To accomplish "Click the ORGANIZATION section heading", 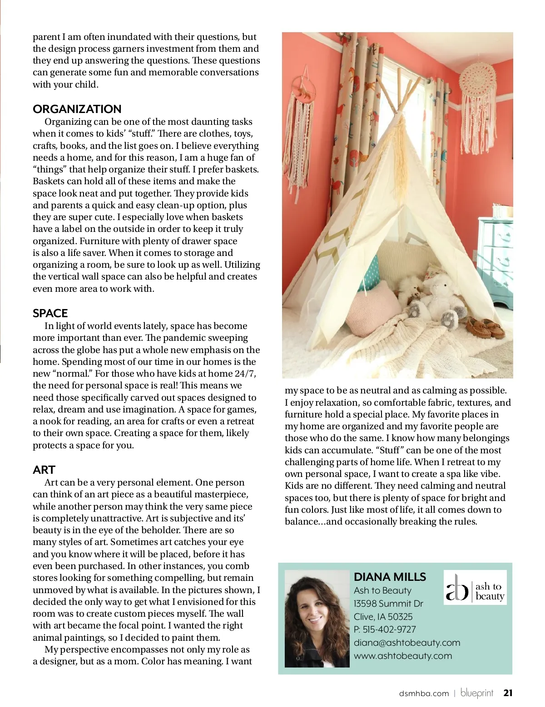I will coord(77,109).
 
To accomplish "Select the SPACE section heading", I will coord(50,314).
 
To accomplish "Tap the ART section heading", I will coord(44,470).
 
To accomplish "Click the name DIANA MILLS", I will coord(390,577).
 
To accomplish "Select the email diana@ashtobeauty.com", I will coord(407,643).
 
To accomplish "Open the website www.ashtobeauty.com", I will coord(403,656).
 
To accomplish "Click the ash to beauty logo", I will coord(475,588).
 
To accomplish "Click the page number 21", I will coord(508,693).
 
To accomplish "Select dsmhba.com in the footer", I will coord(424,693).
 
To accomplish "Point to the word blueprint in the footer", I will coord(477,693).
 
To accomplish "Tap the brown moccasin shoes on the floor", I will coord(486,329).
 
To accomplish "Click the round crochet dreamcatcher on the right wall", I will coord(480,81).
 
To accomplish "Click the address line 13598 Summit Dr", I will coord(388,604).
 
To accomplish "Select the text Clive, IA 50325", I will coord(383,617).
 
